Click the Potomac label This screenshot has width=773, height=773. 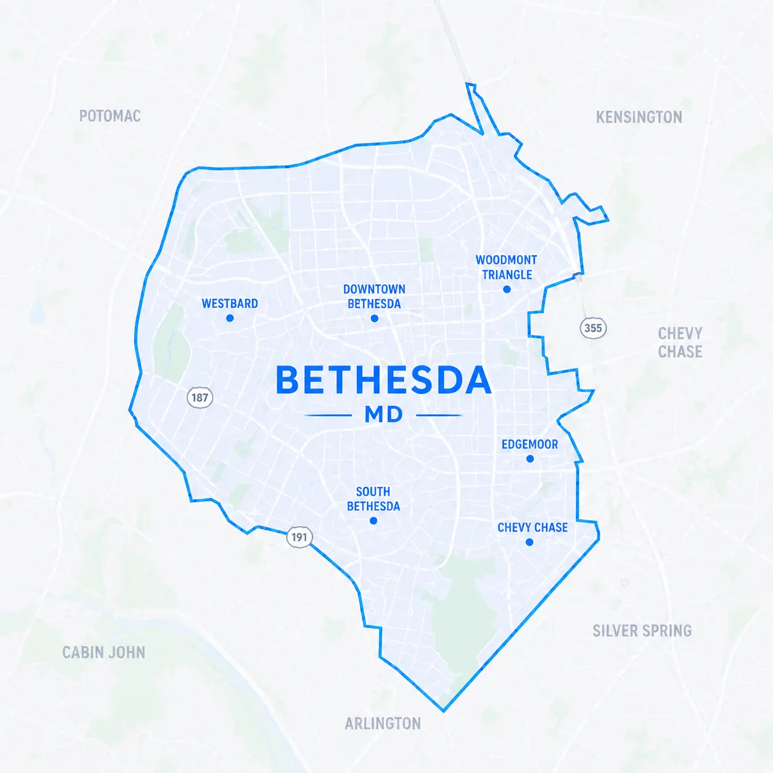[x=110, y=116]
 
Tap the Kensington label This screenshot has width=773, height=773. [x=639, y=117]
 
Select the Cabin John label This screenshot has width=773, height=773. [x=104, y=652]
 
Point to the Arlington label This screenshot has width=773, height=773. [x=383, y=723]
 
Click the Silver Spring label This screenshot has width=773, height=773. [x=642, y=631]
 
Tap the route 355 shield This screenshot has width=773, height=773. [x=593, y=328]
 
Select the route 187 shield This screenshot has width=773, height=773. [x=200, y=398]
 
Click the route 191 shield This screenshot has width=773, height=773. [x=299, y=537]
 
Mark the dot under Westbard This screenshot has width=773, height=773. [x=230, y=318]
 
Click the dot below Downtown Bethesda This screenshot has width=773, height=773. [x=374, y=319]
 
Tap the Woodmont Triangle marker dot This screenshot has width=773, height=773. [x=507, y=289]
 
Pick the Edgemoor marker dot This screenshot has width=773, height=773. [x=530, y=459]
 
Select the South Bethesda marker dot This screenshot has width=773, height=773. [x=373, y=521]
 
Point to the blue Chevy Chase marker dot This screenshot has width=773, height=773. [x=530, y=542]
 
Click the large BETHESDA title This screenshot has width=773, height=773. [x=383, y=380]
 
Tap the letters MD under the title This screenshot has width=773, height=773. [x=383, y=415]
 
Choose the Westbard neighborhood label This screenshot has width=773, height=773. [x=230, y=304]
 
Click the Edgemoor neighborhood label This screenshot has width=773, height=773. [x=530, y=444]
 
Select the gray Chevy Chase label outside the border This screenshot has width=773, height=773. [x=680, y=342]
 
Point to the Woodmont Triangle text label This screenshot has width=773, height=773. [x=506, y=268]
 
